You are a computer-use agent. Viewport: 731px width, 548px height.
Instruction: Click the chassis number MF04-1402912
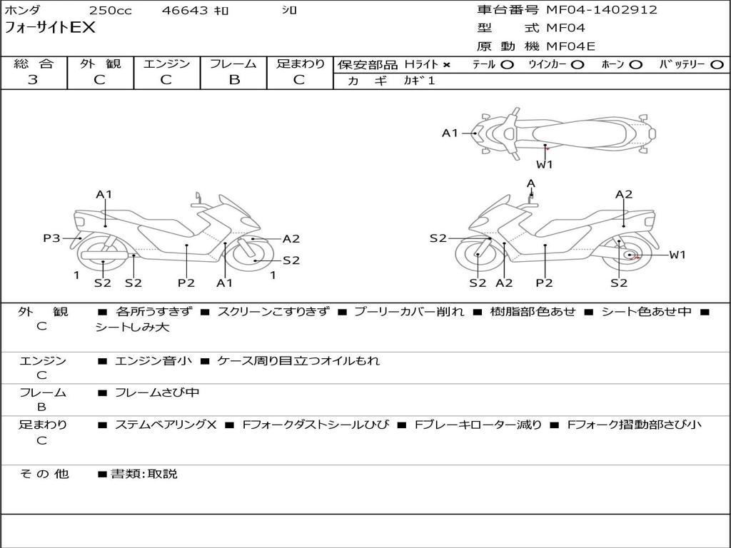point(601,10)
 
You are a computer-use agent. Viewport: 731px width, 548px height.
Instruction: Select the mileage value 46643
point(185,11)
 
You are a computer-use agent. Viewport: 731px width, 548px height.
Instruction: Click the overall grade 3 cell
point(33,80)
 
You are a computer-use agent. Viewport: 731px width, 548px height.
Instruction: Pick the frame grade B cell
point(233,80)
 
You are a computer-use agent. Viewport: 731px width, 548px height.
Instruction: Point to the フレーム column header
point(233,64)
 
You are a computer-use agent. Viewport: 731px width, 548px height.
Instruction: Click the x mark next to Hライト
point(447,65)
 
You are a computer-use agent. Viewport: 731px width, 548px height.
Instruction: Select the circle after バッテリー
point(717,65)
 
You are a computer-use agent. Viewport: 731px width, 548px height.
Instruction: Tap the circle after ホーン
point(635,65)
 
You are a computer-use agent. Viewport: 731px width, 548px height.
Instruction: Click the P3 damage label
point(51,238)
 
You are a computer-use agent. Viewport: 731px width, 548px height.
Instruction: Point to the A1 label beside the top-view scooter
point(450,133)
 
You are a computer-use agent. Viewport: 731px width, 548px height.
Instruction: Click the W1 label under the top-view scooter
point(545,164)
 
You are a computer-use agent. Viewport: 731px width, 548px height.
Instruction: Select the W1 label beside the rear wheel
point(677,255)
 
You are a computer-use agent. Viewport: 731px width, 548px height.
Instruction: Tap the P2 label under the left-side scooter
point(186,283)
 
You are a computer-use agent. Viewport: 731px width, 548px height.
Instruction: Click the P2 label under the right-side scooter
point(545,283)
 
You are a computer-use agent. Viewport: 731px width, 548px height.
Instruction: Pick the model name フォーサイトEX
point(50,29)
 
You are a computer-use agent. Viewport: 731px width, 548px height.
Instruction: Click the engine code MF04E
point(570,46)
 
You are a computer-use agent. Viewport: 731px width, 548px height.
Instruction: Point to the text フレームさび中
point(157,392)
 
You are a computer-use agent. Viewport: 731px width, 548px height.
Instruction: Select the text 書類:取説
point(143,473)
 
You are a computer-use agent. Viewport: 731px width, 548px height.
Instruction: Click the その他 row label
point(44,473)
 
